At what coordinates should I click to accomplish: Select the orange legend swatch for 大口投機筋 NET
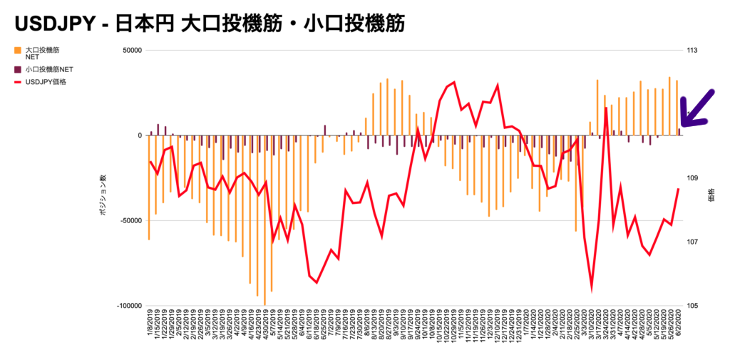[17, 51]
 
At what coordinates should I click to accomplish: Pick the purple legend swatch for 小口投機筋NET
[17, 70]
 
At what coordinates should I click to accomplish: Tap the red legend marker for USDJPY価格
[17, 82]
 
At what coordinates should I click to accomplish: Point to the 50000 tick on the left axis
[131, 51]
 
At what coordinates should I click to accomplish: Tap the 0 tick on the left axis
[140, 135]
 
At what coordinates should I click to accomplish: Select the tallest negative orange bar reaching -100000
[264, 221]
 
